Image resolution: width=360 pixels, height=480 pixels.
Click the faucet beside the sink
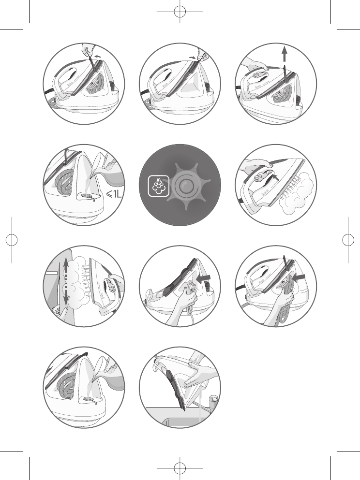point(212,403)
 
